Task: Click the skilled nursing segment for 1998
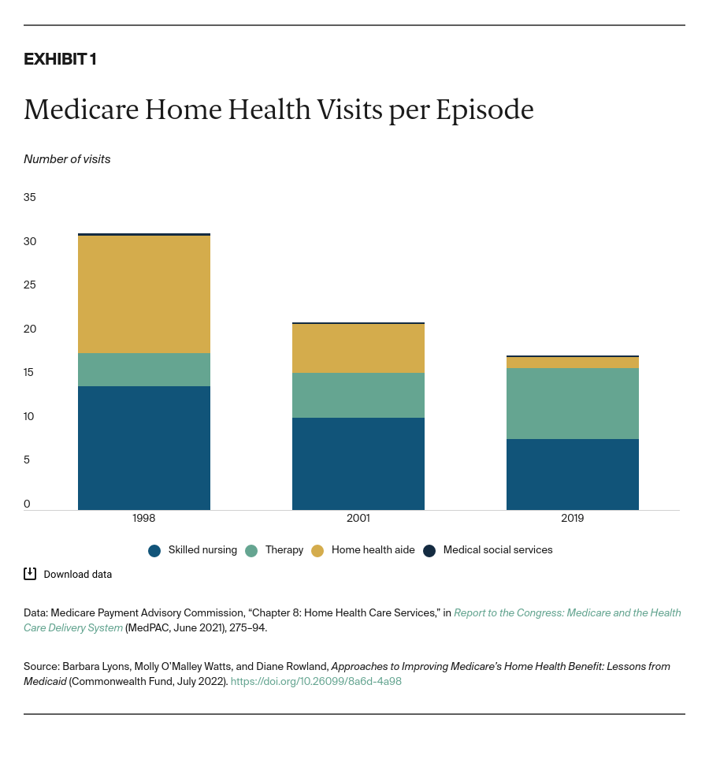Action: [144, 448]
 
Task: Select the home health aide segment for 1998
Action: [144, 294]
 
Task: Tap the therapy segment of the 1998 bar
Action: [144, 370]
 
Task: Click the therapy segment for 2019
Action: [572, 404]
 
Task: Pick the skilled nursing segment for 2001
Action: [358, 463]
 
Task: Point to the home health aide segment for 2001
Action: [358, 348]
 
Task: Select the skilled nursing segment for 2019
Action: [572, 475]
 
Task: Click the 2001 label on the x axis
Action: [358, 519]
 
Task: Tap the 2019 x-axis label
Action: [572, 519]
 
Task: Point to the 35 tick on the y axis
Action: [30, 197]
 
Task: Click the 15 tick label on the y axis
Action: [29, 372]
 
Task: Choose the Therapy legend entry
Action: [284, 550]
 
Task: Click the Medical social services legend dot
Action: [429, 551]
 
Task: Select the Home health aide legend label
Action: [373, 550]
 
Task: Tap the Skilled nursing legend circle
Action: [154, 551]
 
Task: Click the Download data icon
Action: [30, 574]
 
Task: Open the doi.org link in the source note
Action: [316, 681]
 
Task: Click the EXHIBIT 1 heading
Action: [60, 59]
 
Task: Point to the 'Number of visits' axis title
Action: [67, 159]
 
